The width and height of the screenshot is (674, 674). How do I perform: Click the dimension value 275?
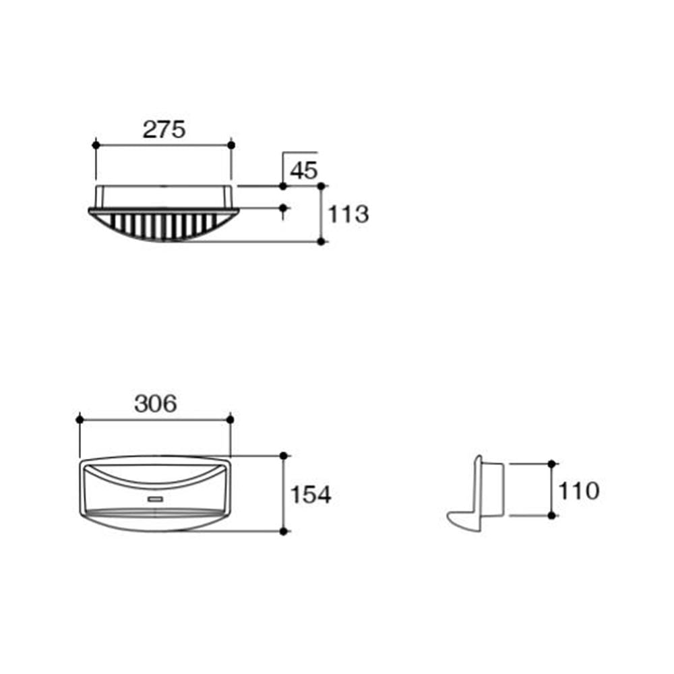[164, 129]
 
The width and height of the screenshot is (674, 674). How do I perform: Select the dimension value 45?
[304, 171]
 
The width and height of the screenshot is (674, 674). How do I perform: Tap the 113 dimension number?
[348, 214]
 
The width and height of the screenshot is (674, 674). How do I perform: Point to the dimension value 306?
[156, 404]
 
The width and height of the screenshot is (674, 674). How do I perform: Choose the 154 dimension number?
[311, 494]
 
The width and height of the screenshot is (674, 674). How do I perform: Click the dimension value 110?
[578, 491]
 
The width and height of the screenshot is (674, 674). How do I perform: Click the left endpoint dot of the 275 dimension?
[96, 146]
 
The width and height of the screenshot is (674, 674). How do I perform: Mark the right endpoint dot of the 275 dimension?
[231, 146]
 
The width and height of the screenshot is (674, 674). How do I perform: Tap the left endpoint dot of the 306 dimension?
[80, 419]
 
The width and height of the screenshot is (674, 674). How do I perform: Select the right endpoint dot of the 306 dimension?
[230, 419]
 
